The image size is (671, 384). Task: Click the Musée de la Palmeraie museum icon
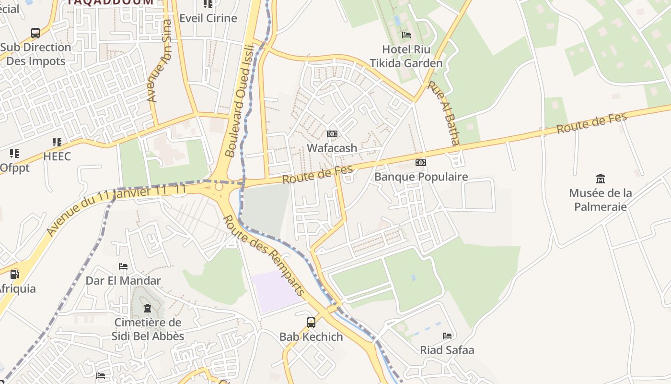point(600,179)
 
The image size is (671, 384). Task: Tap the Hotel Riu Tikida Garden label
point(406,56)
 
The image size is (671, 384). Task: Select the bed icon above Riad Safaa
point(447,336)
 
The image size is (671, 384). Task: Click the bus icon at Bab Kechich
point(311,323)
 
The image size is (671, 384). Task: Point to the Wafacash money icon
point(332,134)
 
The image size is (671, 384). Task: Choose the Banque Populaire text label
point(421,177)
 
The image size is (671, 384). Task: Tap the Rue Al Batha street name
point(444,112)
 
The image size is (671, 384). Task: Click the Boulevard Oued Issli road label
point(238,100)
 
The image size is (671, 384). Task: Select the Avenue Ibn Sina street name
point(160,60)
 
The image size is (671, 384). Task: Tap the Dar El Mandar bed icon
point(123,266)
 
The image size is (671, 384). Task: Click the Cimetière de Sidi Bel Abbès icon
point(148,308)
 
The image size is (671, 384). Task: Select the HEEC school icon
point(57,142)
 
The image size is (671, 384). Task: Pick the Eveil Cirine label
point(208,18)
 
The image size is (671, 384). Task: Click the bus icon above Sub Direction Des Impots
point(35,33)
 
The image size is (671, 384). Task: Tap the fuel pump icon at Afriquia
point(15,275)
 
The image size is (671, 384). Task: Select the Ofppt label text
point(14,168)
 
